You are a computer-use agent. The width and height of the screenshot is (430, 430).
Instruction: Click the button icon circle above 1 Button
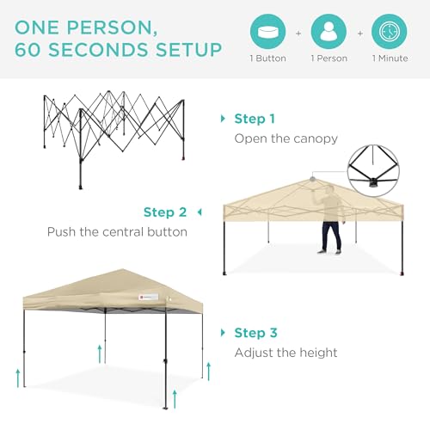point(268,31)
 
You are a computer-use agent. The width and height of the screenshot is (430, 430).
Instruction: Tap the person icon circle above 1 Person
point(329,31)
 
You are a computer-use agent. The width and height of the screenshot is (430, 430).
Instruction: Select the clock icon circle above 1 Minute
point(390,31)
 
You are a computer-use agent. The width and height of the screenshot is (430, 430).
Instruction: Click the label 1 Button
point(268,58)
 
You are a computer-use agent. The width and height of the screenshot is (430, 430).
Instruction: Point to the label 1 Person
point(329,58)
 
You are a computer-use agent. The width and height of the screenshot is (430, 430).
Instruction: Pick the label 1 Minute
point(390,58)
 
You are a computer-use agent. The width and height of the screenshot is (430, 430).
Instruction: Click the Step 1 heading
point(255,119)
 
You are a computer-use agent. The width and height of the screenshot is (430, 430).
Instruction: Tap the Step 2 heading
point(165,212)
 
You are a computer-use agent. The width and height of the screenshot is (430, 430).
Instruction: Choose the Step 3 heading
point(255,333)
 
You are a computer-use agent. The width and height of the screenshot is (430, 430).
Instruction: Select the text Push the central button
point(117,232)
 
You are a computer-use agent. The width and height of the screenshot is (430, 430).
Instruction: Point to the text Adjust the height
point(286,353)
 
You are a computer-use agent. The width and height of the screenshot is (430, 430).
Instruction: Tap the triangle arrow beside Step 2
point(200,212)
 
